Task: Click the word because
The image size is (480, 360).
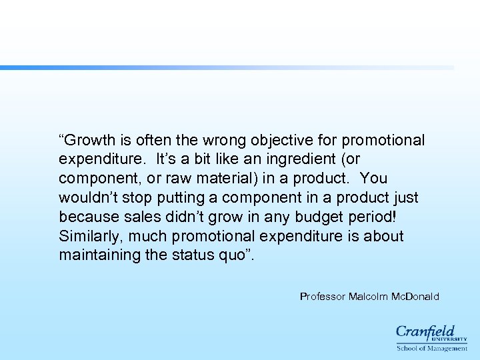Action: point(87,217)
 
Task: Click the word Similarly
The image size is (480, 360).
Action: point(91,236)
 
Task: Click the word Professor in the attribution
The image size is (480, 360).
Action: point(323,297)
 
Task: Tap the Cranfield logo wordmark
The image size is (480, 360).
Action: point(425,331)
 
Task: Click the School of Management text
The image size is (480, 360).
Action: point(432,347)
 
